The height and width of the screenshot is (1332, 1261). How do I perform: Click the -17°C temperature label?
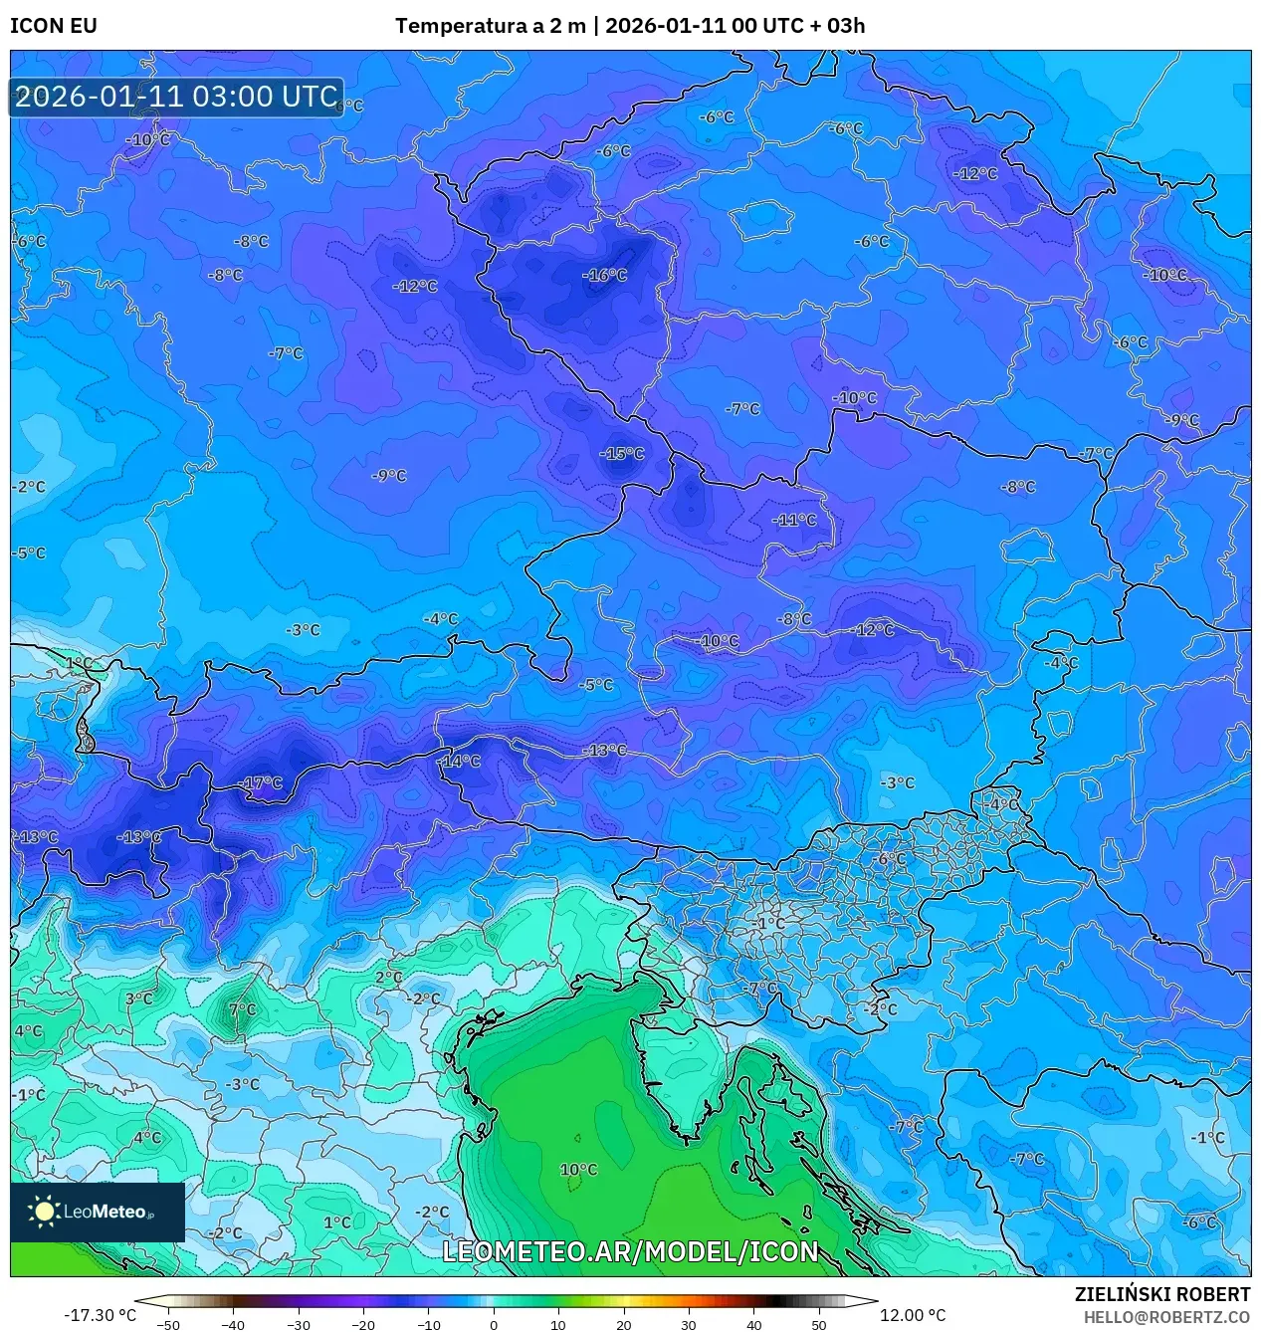tap(263, 783)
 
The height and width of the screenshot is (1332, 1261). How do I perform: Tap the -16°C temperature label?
tap(605, 276)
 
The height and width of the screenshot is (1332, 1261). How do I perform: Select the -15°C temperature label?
tap(622, 454)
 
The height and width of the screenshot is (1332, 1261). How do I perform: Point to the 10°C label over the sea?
tap(578, 1170)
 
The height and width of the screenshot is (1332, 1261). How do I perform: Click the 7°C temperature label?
tap(242, 1009)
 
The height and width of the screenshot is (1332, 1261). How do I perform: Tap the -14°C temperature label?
tap(460, 762)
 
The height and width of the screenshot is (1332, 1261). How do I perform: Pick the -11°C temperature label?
tap(794, 521)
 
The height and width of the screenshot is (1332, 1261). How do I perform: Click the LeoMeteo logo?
tap(98, 1212)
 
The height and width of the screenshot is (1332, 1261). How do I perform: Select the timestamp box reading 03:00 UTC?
tap(176, 97)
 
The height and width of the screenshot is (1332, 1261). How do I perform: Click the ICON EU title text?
tap(54, 26)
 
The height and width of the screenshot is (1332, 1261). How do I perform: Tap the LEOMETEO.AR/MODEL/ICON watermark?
tap(630, 1251)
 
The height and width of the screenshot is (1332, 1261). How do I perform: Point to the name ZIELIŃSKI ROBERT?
tap(1161, 1294)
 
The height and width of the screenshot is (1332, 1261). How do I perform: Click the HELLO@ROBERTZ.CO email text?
tap(1166, 1317)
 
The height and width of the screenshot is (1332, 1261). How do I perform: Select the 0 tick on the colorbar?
tap(494, 1324)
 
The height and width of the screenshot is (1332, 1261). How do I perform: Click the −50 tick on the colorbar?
tap(168, 1324)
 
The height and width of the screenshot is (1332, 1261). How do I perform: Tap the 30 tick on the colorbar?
tap(689, 1324)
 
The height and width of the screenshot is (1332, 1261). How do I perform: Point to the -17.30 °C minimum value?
tap(100, 1315)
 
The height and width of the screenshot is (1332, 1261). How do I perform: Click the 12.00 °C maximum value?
tap(913, 1315)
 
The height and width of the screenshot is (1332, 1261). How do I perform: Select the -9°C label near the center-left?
tap(389, 476)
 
